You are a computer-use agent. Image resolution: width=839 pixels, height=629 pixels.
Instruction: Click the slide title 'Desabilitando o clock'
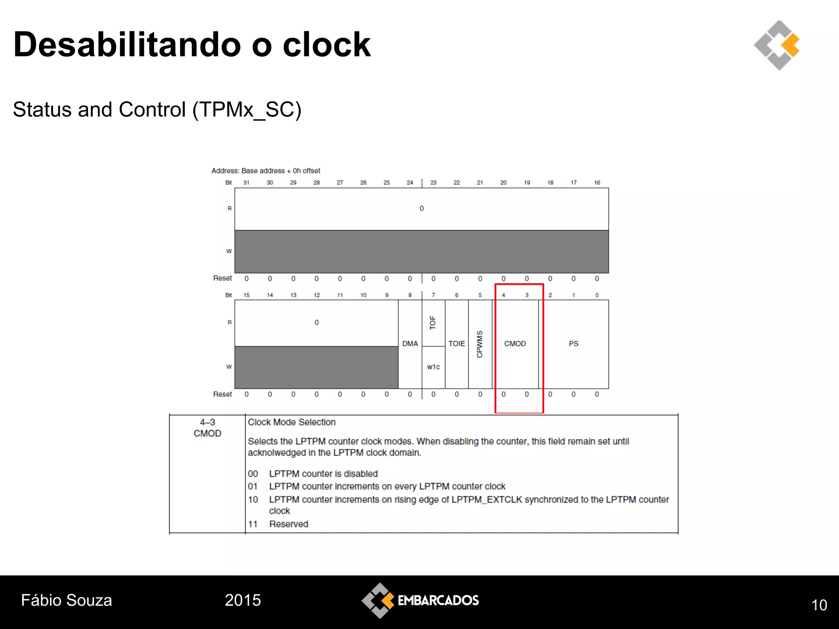click(x=192, y=45)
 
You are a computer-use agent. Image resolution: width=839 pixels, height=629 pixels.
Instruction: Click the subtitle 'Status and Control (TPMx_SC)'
click(x=157, y=110)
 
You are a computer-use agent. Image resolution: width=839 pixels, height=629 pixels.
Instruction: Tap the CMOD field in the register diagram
click(x=515, y=344)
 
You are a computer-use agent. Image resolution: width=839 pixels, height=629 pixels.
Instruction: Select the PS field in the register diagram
click(x=573, y=344)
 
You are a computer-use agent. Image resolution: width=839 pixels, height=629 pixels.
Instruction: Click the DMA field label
click(x=410, y=344)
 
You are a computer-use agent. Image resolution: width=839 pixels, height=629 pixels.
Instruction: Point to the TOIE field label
click(x=456, y=344)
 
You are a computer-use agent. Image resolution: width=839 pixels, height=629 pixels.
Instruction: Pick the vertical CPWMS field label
click(x=480, y=344)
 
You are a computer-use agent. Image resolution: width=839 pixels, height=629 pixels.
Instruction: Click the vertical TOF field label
click(x=433, y=323)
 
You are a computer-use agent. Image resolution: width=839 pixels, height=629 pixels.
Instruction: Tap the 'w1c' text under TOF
click(x=433, y=367)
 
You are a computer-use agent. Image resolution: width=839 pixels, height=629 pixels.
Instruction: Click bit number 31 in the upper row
click(x=246, y=183)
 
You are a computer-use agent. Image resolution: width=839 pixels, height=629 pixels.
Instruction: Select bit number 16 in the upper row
click(x=597, y=183)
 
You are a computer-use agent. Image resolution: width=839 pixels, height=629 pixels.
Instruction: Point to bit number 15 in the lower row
click(x=246, y=295)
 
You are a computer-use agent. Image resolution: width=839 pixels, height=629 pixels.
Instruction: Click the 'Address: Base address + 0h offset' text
click(x=265, y=171)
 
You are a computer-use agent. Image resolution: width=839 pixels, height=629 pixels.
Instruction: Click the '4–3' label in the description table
click(x=207, y=422)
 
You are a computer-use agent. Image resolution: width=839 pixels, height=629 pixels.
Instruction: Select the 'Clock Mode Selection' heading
click(x=291, y=422)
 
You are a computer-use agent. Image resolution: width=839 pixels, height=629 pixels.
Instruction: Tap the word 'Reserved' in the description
click(x=288, y=524)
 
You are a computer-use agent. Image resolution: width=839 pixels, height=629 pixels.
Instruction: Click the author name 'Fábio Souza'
click(x=66, y=600)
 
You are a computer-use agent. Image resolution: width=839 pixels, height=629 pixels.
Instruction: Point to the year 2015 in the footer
click(x=243, y=600)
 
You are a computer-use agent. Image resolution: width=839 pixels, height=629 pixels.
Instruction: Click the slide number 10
click(x=819, y=605)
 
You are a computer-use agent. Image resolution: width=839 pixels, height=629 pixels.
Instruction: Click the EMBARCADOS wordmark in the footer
click(x=438, y=600)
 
